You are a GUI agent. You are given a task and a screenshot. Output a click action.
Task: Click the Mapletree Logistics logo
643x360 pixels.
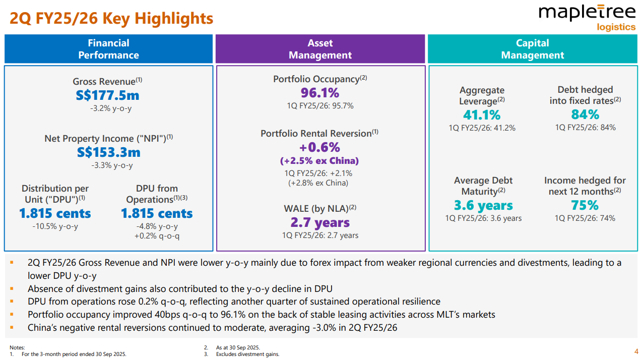(x=587, y=17)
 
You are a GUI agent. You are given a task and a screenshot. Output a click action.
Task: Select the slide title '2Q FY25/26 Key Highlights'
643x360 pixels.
(x=111, y=19)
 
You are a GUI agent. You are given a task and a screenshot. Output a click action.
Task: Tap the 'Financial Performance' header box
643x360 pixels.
(x=108, y=49)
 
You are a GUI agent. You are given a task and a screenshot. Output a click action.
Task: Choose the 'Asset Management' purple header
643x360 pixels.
(x=320, y=49)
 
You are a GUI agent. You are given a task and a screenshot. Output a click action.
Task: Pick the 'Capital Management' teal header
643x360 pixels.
(x=532, y=49)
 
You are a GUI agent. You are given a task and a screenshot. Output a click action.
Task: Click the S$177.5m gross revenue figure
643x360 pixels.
(x=108, y=95)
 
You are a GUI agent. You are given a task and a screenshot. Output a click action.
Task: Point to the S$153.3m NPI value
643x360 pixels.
(x=108, y=152)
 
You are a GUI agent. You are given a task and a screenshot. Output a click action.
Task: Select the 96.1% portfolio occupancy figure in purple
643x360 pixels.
(x=320, y=93)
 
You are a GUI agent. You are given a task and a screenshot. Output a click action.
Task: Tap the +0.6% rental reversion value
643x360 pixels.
(x=319, y=147)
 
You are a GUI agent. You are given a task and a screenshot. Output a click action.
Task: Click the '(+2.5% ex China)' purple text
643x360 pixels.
(x=319, y=161)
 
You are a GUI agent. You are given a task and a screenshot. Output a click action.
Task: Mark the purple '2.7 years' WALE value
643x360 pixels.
(x=320, y=222)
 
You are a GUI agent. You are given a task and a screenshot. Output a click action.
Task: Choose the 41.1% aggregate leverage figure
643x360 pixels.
(x=482, y=115)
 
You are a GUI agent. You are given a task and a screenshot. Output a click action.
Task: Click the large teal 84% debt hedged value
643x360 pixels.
(x=585, y=114)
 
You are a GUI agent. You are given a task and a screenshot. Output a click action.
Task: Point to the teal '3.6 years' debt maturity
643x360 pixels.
(x=483, y=206)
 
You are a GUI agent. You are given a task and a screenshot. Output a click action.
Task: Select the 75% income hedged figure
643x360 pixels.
(x=585, y=205)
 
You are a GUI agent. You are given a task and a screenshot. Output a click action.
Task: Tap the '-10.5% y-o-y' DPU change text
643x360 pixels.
(x=55, y=226)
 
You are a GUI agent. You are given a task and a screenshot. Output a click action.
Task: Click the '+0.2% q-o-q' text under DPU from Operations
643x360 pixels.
(x=157, y=236)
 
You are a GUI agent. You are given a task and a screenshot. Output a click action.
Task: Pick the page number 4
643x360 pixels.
(x=636, y=351)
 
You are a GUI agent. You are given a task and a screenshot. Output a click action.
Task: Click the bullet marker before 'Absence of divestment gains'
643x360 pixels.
(x=12, y=289)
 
